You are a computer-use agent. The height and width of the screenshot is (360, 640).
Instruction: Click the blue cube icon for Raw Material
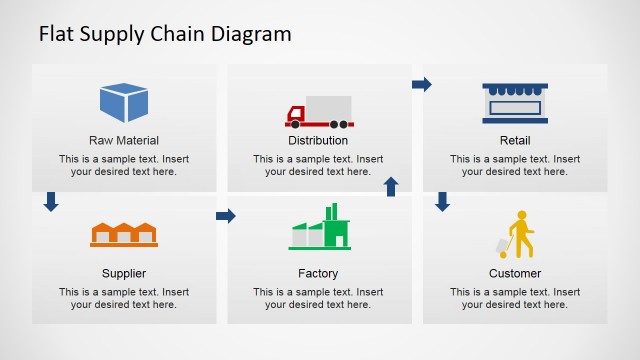124,103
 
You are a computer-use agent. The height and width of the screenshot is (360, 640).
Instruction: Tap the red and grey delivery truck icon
320,112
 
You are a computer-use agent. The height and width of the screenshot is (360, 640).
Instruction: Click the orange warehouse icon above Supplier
124,234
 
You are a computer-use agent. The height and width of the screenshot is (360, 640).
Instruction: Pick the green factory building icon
320,228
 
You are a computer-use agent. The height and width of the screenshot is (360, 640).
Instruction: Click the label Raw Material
124,141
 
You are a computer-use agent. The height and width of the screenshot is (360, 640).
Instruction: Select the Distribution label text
318,141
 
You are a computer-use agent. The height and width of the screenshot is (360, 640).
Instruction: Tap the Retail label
515,141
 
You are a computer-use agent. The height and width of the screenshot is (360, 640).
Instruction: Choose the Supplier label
124,273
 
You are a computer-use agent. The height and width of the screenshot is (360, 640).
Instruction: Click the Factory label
318,273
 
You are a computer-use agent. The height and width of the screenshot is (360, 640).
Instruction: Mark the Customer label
515,273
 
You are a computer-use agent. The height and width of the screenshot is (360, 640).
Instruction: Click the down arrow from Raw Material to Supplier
51,202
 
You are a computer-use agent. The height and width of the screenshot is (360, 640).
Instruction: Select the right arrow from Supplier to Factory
226,216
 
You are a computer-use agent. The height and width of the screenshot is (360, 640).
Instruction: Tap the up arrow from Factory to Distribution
391,186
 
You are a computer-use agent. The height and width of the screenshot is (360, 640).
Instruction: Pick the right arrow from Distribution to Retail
422,85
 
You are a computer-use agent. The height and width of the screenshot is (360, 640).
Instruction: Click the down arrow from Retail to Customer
443,202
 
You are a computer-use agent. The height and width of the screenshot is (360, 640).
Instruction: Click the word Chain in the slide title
178,34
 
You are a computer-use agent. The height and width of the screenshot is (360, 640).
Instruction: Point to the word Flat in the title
55,34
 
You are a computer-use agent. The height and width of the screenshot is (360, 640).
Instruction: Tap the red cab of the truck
297,115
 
